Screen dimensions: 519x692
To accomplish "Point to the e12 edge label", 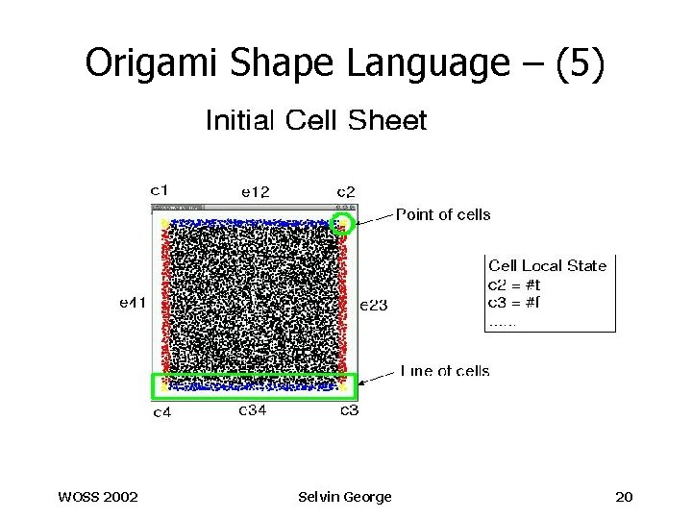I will pyautogui.click(x=255, y=192).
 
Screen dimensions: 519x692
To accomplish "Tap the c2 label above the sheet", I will pyautogui.click(x=346, y=192).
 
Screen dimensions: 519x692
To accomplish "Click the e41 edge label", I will pyautogui.click(x=133, y=303).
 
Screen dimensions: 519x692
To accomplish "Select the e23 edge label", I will pyautogui.click(x=373, y=306).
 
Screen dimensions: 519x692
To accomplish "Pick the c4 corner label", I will pyautogui.click(x=163, y=413).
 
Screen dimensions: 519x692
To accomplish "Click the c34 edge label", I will pyautogui.click(x=253, y=411).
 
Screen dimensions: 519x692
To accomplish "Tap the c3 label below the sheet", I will pyautogui.click(x=352, y=411).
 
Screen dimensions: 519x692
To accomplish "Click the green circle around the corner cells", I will pyautogui.click(x=344, y=225).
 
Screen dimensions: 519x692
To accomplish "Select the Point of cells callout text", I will pyautogui.click(x=443, y=214).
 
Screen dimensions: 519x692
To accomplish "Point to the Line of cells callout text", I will pyautogui.click(x=443, y=371).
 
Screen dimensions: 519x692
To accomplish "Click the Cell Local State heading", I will pyautogui.click(x=548, y=265).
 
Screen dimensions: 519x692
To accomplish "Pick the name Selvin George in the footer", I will pyautogui.click(x=345, y=496).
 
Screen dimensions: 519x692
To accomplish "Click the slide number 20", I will pyautogui.click(x=624, y=496).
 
